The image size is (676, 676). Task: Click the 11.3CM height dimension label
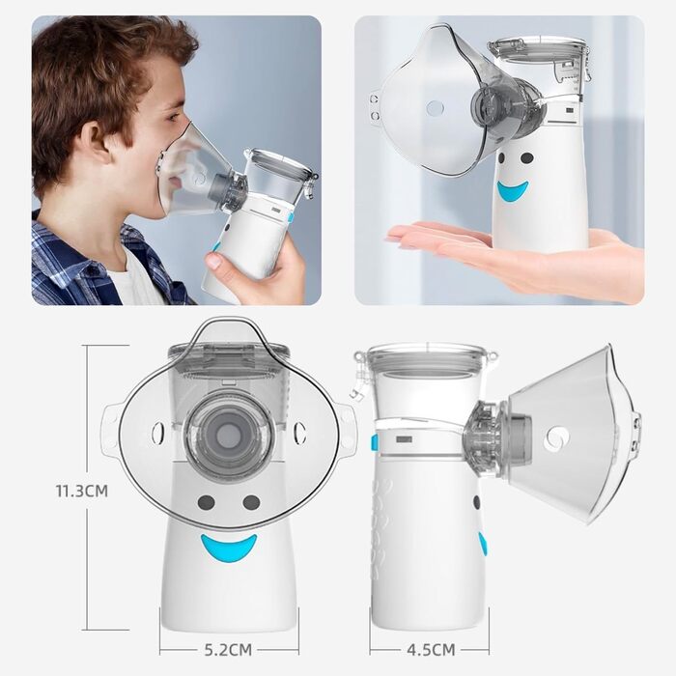pyautogui.click(x=82, y=491)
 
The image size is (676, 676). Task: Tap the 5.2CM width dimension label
pyautogui.click(x=228, y=649)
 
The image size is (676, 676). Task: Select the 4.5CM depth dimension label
pyautogui.click(x=431, y=649)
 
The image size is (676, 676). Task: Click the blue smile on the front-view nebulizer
pyautogui.click(x=229, y=548)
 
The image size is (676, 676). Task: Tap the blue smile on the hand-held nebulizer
pyautogui.click(x=513, y=190)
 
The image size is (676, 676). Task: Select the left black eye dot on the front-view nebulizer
pyautogui.click(x=206, y=502)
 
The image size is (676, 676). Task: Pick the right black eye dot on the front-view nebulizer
pyautogui.click(x=251, y=502)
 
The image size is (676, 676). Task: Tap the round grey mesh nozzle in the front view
pyautogui.click(x=229, y=436)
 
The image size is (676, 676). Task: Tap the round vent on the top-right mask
pyautogui.click(x=435, y=108)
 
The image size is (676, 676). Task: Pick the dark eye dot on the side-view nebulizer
pyautogui.click(x=476, y=501)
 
